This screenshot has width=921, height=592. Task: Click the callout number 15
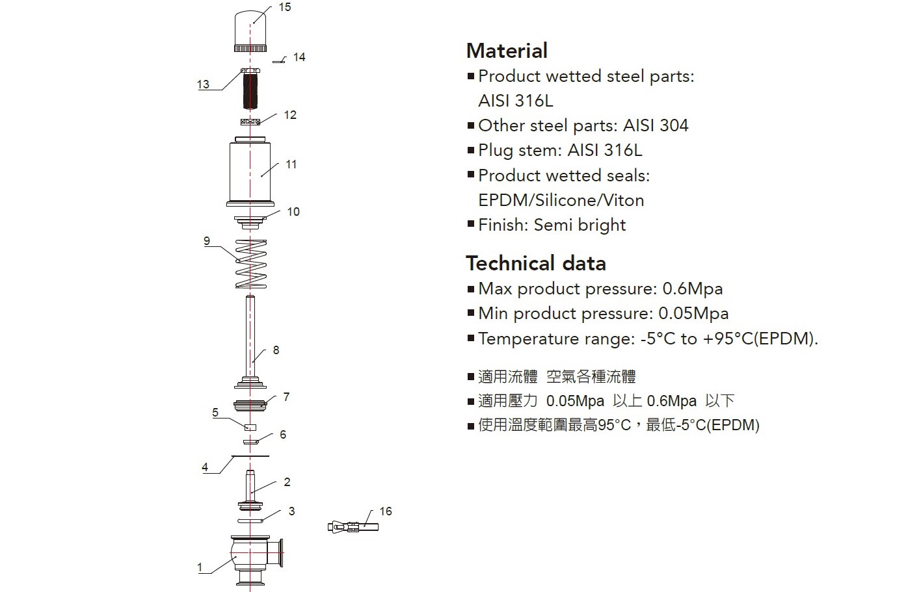pos(285,7)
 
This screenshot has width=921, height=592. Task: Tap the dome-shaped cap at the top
pos(250,31)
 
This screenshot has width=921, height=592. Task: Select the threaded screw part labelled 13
pos(250,89)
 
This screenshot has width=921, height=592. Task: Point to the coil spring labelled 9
pos(251,264)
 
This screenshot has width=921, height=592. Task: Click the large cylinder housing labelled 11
pos(250,172)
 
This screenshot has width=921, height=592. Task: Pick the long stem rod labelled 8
pos(250,342)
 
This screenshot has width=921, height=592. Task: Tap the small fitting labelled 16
pos(353,526)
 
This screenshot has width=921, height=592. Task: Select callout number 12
pos(290,115)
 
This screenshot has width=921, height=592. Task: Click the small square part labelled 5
pos(250,428)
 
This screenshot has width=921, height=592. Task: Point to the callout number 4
pos(205,467)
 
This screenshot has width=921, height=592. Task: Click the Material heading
pos(507,51)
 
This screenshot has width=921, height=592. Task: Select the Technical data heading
pos(536,263)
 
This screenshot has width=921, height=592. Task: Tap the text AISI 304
pos(656,125)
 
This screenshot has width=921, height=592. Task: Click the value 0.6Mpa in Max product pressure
pos(693,289)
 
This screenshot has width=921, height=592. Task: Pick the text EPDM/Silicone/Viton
pos(561,201)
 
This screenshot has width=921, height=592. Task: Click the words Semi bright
pos(580,225)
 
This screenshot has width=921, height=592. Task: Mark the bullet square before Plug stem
pos(471,150)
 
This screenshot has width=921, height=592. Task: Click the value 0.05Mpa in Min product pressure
pos(693,314)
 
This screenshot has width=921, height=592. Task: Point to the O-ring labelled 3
pos(250,521)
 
